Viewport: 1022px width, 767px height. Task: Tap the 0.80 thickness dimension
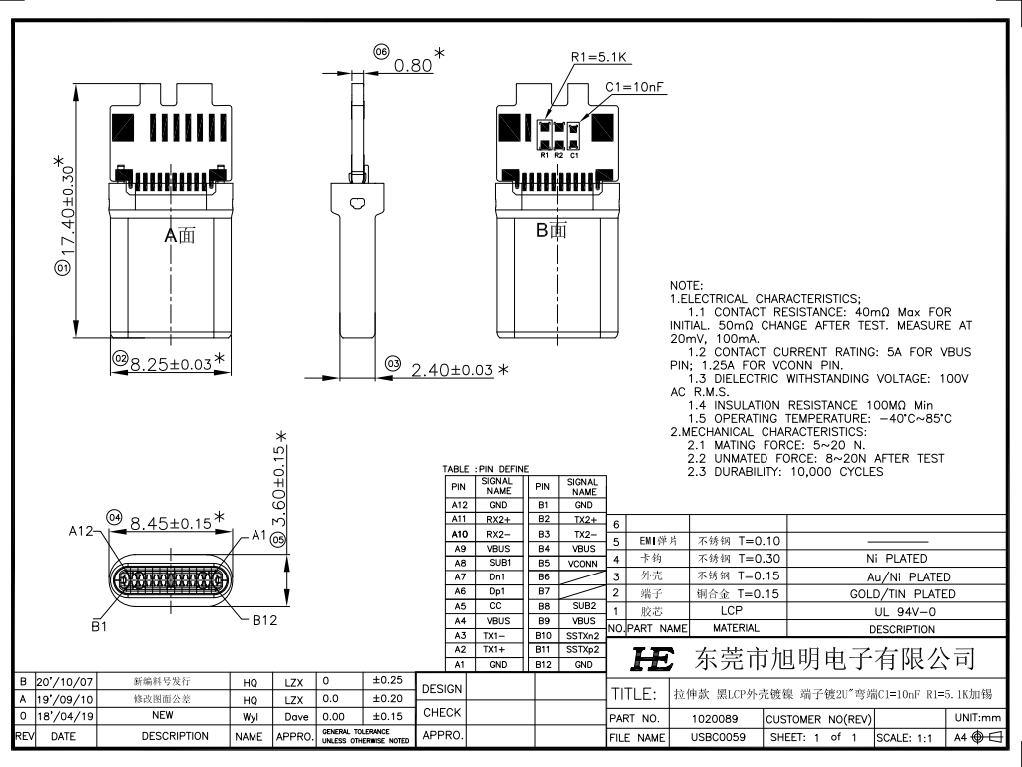(x=413, y=66)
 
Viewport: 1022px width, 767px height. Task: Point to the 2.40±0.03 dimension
(x=452, y=370)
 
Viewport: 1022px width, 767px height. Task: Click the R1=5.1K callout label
(x=598, y=58)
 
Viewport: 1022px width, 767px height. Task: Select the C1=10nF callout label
(x=635, y=88)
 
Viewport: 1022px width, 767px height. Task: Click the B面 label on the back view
(x=551, y=231)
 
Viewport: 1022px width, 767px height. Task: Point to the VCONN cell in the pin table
(x=582, y=563)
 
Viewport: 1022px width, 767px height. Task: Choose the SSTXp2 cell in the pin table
(x=582, y=649)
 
